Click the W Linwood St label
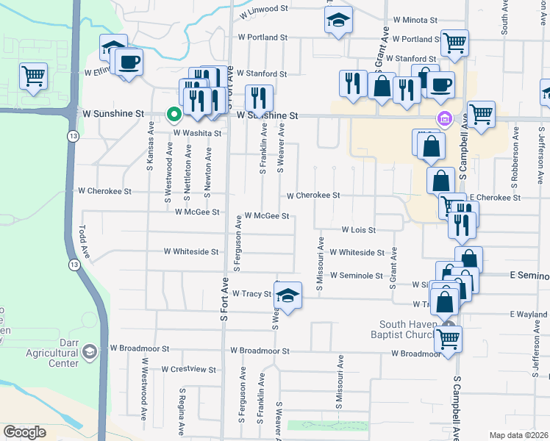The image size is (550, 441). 262,8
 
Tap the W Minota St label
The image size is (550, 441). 415,21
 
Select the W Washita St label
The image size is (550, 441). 197,133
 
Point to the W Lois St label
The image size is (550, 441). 358,230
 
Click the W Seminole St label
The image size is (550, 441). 356,276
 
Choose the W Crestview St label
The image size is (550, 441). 189,370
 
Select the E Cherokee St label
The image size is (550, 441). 494,198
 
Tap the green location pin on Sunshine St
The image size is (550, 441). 174,115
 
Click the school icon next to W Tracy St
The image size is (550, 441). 287,295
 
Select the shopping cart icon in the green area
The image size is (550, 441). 33,76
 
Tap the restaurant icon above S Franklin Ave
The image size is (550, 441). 259,97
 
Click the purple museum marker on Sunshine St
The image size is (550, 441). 444,118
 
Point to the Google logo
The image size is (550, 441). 25,432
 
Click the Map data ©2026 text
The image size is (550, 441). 518,435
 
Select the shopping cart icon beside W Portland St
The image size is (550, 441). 455,43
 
